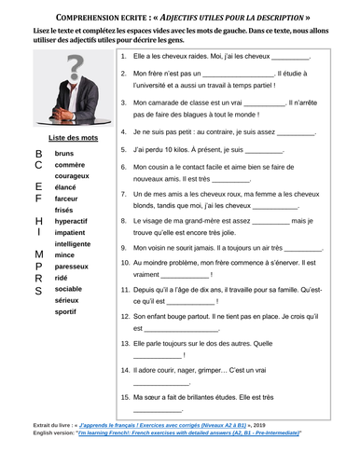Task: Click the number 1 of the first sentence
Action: [x=125, y=58]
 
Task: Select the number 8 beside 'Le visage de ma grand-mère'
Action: [x=125, y=222]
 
